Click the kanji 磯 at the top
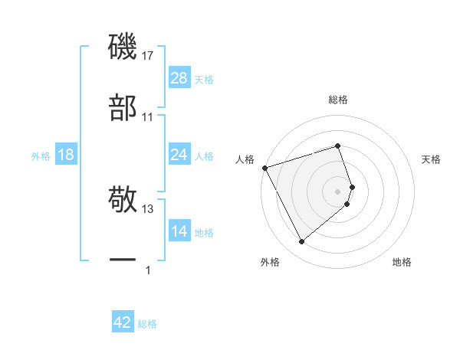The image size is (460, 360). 123,47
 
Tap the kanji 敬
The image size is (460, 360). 123,199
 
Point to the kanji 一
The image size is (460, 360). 123,261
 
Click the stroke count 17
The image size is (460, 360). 148,56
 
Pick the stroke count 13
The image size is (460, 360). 148,208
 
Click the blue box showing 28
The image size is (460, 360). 179,78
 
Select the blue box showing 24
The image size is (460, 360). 179,155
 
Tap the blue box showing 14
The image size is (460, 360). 179,231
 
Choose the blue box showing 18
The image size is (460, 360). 66,155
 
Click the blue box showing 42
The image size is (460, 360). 123,322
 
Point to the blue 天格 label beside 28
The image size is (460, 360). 204,79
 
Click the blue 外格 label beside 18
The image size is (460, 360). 41,155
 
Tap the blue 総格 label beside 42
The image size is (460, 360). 147,323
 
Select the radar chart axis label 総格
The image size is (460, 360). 338,100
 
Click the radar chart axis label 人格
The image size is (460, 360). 245,159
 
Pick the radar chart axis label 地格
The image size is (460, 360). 402,262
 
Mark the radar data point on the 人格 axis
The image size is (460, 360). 264,167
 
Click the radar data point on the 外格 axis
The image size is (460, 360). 301,242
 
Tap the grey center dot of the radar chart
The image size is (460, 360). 338,191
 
